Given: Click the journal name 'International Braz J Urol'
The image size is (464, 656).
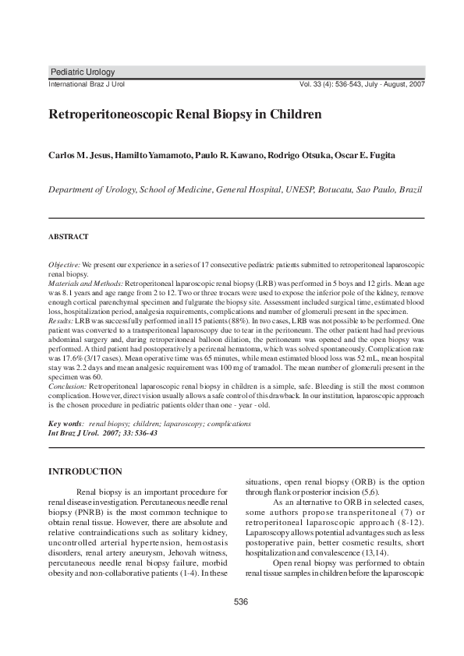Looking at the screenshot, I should coord(87,83).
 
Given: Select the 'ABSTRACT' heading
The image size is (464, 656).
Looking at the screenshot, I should coord(69,236).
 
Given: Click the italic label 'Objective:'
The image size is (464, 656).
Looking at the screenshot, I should coord(64,266).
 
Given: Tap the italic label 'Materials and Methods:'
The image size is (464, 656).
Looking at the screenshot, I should coord(86,283).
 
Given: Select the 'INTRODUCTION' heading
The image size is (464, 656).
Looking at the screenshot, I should coord(85,471).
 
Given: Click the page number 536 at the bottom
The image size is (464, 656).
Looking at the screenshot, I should coord(240,601).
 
